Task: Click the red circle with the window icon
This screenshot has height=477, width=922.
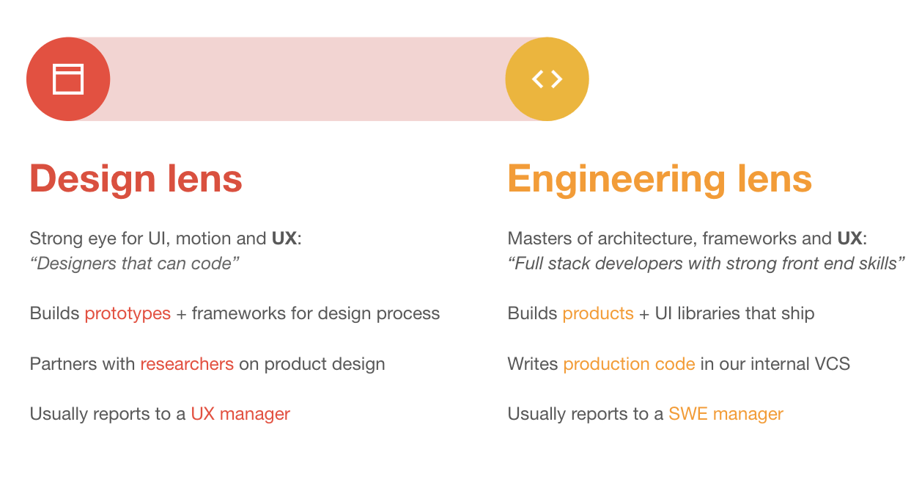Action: [x=68, y=79]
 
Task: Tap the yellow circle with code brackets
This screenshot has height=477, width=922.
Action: [x=547, y=79]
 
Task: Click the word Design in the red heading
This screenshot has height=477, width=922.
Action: [x=92, y=179]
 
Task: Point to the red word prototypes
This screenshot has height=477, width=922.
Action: [x=128, y=314]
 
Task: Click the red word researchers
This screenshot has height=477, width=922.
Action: [x=187, y=364]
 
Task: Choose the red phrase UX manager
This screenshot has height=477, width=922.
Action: [x=240, y=414]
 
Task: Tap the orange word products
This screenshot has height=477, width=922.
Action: [x=598, y=314]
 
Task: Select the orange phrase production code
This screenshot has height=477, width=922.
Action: [x=629, y=364]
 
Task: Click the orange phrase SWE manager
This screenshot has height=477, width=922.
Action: [x=726, y=414]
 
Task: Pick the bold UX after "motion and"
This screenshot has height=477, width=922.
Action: [x=284, y=238]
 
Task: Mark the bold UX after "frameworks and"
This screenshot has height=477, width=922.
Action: [x=849, y=238]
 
